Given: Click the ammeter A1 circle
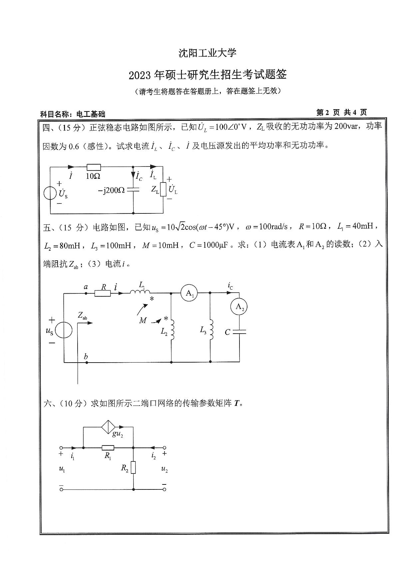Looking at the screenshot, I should pyautogui.click(x=189, y=293).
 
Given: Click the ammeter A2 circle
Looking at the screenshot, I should pyautogui.click(x=239, y=307).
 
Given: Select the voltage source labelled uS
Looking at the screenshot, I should pyautogui.click(x=63, y=331).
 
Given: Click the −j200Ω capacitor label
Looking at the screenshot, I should pyautogui.click(x=112, y=190).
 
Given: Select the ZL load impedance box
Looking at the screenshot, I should pyautogui.click(x=163, y=189).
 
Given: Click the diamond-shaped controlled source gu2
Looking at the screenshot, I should pyautogui.click(x=108, y=427).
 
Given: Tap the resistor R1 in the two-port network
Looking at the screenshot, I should pyautogui.click(x=108, y=448).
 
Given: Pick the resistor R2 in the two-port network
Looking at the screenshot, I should pyautogui.click(x=133, y=467).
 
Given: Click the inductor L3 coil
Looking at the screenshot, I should pyautogui.click(x=210, y=330).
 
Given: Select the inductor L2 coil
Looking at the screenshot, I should pyautogui.click(x=172, y=330).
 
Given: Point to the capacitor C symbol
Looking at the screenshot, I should pyautogui.click(x=239, y=332).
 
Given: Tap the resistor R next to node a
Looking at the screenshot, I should pyautogui.click(x=103, y=293).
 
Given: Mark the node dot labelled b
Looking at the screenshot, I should pyautogui.click(x=86, y=362).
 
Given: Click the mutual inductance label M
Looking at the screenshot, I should pyautogui.click(x=143, y=320).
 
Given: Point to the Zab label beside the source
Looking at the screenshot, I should pyautogui.click(x=82, y=316).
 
